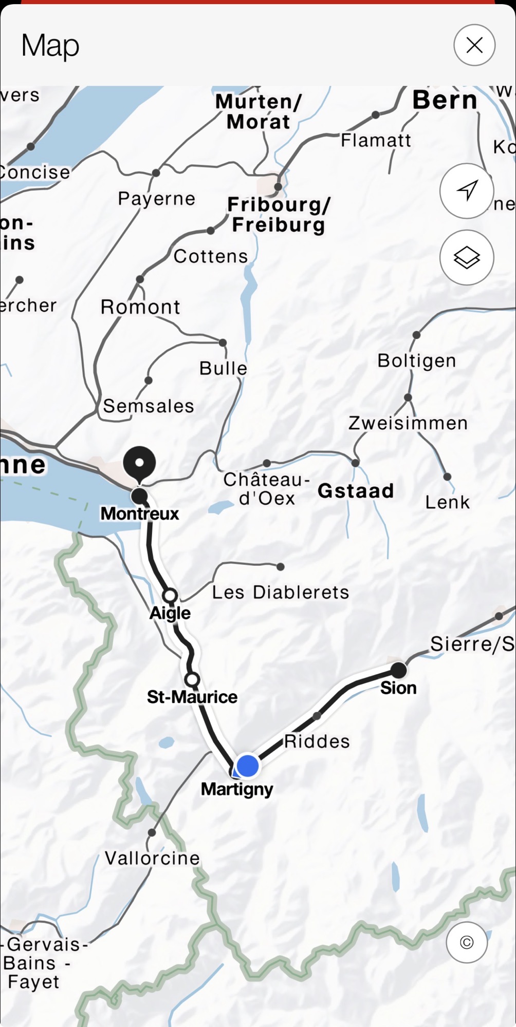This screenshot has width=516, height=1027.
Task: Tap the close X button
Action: coord(474,45)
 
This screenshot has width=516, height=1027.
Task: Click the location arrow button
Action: coord(467,191)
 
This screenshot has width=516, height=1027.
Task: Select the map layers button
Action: coord(467,257)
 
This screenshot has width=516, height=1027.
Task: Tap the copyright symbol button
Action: coord(467,942)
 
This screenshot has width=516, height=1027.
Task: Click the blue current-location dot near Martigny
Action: coord(248,765)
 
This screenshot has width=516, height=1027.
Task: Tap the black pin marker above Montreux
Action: coord(139,464)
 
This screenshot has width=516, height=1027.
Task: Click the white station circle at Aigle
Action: coord(170,596)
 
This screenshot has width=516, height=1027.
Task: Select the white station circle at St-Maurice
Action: coord(192,680)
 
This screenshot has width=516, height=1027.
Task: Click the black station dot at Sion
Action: coord(399,670)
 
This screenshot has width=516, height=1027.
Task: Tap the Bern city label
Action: coord(445,100)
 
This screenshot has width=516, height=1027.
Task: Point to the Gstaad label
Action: coord(356,491)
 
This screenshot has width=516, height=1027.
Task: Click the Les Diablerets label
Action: coord(281,593)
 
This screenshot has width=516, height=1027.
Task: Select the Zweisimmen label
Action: coord(408,423)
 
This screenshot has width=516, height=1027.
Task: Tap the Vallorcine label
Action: coord(152,858)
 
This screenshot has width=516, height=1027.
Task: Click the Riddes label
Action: coord(317,741)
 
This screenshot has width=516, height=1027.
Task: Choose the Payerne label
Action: coord(157,199)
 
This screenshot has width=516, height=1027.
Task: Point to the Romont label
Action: coord(140,307)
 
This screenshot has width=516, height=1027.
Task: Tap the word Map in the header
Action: coord(50,46)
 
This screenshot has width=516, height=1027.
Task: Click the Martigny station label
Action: coord(237,789)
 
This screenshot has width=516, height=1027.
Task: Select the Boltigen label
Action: coord(417,360)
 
